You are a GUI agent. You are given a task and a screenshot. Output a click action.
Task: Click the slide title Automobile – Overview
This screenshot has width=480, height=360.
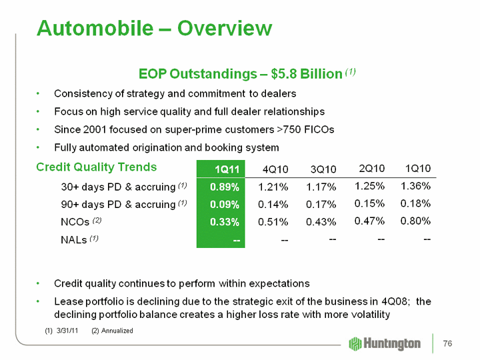154,28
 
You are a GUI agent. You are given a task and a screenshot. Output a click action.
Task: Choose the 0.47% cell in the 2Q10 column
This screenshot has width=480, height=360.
368,221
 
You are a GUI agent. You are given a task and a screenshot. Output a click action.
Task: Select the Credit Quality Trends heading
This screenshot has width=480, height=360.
96,167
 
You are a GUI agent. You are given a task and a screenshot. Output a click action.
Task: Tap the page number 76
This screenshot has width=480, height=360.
447,343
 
